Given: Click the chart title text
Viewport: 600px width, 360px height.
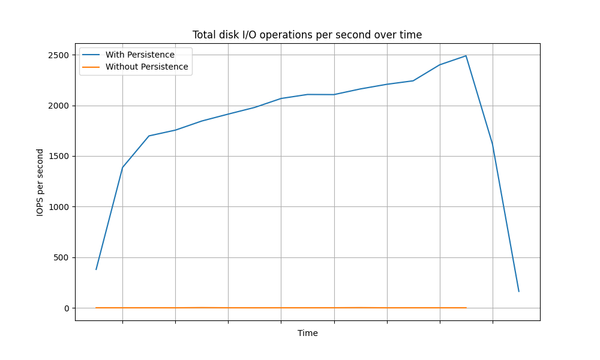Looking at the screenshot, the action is coord(307,35).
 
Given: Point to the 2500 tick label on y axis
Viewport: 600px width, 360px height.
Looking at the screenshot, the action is coord(59,55).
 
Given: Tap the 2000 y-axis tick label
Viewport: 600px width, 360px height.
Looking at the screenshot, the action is coord(59,106).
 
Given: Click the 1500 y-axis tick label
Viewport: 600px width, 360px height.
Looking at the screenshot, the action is coord(59,157).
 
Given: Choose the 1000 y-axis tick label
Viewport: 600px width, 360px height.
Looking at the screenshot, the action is coord(59,207).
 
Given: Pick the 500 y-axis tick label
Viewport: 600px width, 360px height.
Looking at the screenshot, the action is coord(61,257).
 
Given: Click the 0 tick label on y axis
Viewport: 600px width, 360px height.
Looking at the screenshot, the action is coord(67,308).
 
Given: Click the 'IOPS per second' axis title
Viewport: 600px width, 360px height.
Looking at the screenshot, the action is coord(40,182).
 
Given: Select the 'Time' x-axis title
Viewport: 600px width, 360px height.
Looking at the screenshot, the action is coord(308,333).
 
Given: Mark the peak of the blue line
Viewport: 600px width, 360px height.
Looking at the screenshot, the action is coord(466,56).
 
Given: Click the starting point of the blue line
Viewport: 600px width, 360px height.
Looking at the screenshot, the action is coord(96,269).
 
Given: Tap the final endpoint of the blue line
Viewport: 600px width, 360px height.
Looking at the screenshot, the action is coord(519,292).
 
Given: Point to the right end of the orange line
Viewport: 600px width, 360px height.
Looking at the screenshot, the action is coord(466,308).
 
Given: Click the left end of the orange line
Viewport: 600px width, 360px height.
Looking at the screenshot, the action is coord(96,308).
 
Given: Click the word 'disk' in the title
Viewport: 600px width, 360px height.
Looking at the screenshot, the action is coord(228,35).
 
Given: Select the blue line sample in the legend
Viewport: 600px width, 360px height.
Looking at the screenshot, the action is coord(91,55).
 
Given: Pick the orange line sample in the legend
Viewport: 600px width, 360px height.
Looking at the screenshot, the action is coord(91,67).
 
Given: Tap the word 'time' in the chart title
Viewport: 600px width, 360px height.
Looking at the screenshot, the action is coord(412,35).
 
